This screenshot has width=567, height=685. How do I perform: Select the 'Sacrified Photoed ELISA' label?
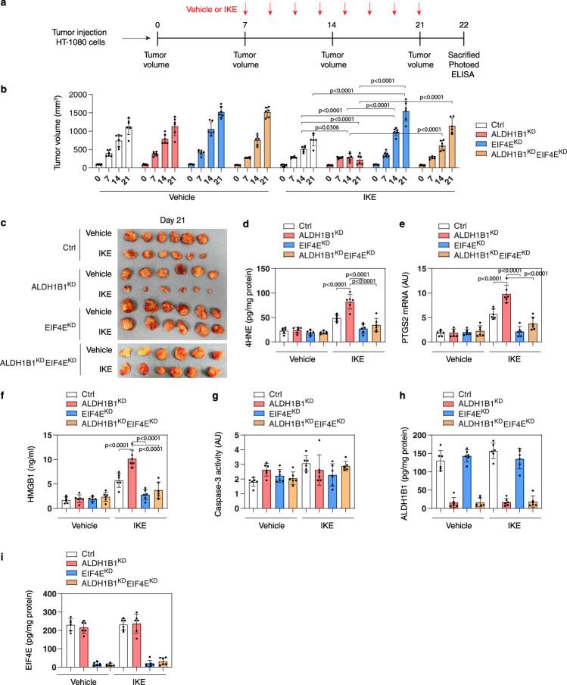point(464,66)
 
